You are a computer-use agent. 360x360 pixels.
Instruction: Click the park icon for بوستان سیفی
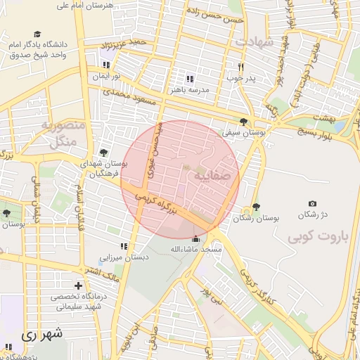[x=243, y=121]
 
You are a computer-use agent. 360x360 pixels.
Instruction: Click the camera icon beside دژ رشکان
[x=312, y=204]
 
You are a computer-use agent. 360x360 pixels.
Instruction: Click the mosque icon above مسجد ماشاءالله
[x=195, y=239]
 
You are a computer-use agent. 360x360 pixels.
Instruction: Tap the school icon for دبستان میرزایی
[x=124, y=246]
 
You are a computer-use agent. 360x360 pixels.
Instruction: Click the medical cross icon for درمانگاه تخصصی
[x=78, y=285]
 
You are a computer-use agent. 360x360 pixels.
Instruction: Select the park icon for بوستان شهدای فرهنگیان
[x=104, y=153]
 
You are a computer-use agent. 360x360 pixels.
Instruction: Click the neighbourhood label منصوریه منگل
[x=63, y=134]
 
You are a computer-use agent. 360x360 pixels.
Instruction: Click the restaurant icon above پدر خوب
[x=240, y=67]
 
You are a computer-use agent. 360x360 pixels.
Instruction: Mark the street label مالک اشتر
[x=103, y=271]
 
